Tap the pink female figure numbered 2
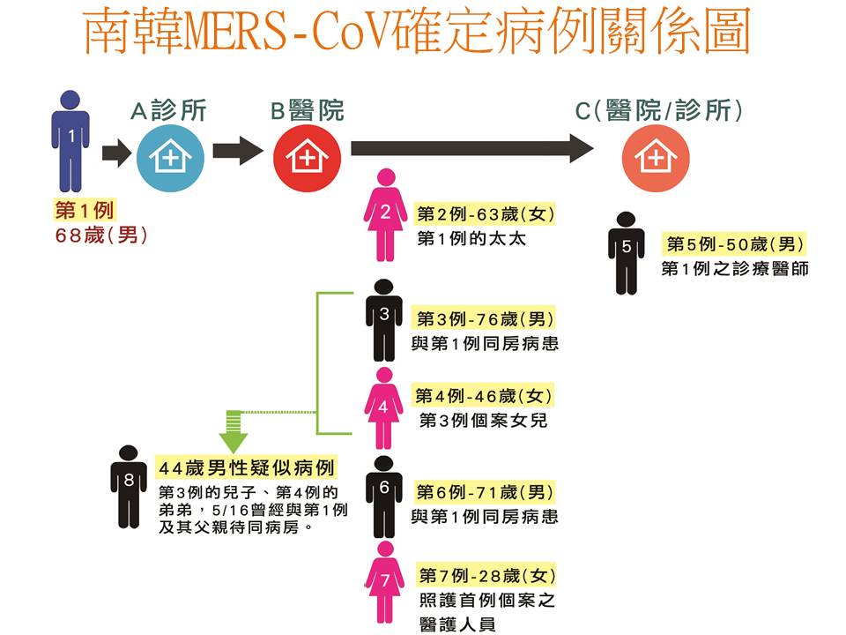tap(385, 213)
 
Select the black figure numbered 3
tap(384, 318)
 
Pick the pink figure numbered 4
tap(383, 408)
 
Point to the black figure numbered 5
tap(627, 251)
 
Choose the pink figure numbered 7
tap(384, 582)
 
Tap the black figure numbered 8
tap(130, 484)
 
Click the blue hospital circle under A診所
tap(170, 157)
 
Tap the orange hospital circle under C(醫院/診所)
tap(654, 157)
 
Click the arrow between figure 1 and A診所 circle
tap(115, 153)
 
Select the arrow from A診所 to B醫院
tap(237, 150)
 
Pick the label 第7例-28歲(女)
tap(486, 576)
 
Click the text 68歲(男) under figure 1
tap(100, 235)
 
